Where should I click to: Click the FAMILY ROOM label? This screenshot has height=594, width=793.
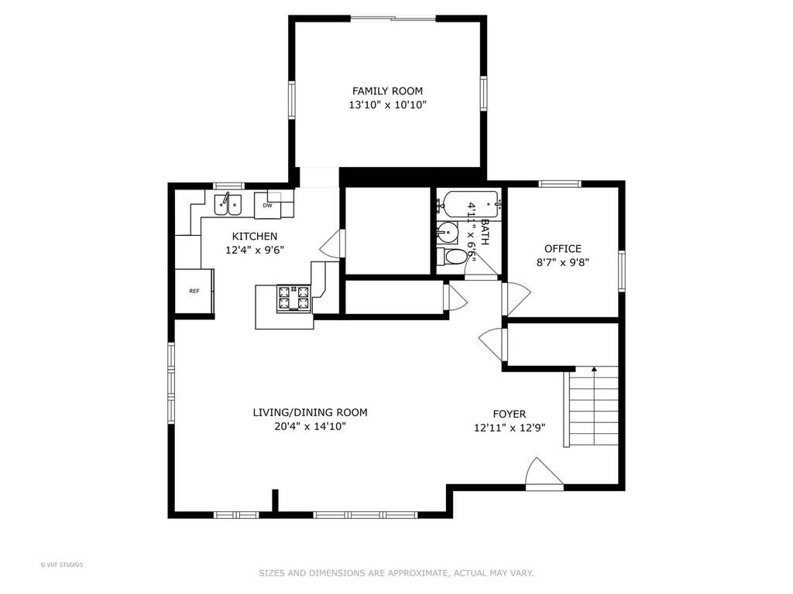(x=387, y=91)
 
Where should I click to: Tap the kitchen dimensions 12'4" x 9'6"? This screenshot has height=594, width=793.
(x=255, y=250)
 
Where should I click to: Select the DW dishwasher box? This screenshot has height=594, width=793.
(x=267, y=205)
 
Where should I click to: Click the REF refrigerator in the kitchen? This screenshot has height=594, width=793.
(x=194, y=291)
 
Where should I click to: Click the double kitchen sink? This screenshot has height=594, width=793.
(x=228, y=204)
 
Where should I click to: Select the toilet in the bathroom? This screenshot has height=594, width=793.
(x=451, y=257)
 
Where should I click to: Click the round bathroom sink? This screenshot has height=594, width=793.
(x=448, y=233)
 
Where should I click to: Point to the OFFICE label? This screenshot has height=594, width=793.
(x=563, y=248)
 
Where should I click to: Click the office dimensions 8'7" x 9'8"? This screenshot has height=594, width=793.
(x=563, y=263)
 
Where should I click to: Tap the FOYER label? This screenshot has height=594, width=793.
(x=510, y=415)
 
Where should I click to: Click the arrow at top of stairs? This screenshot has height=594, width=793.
(x=594, y=369)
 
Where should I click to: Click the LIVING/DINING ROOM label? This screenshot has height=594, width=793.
(x=310, y=412)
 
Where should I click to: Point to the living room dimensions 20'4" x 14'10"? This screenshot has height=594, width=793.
(x=310, y=426)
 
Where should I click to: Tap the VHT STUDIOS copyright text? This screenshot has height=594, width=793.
(x=62, y=565)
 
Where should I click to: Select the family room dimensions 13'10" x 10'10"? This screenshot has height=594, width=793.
(x=387, y=105)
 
